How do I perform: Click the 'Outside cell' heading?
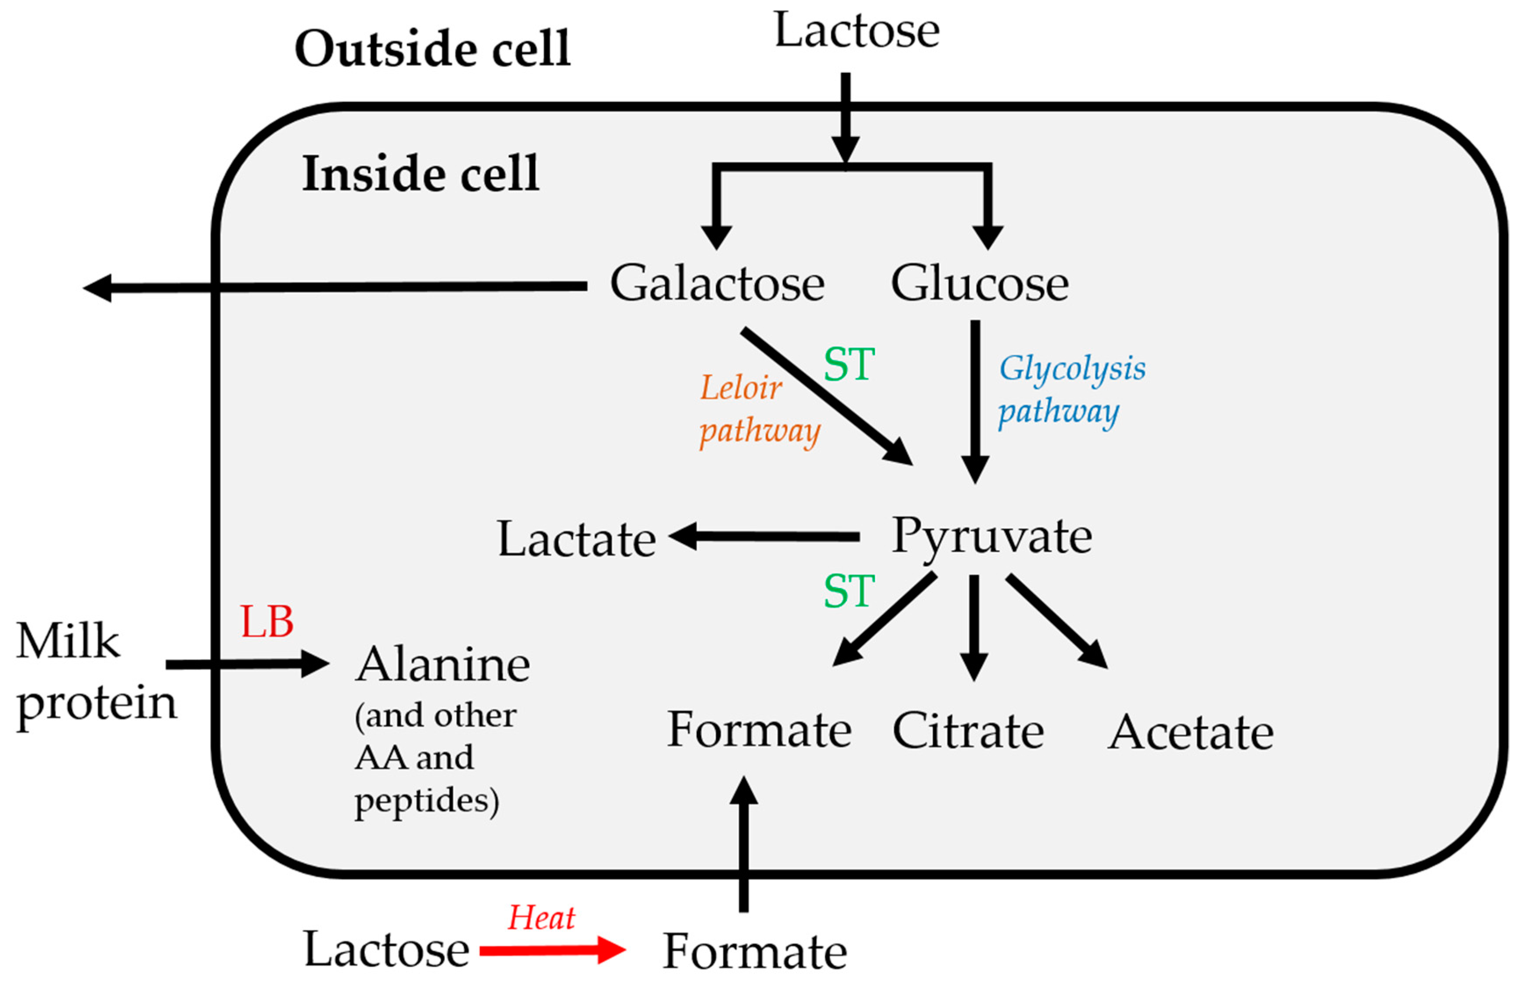(x=432, y=50)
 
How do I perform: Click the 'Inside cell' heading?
(x=420, y=174)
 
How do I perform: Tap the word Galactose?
(x=717, y=284)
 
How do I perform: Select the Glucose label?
(x=979, y=284)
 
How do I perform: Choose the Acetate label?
(x=1190, y=733)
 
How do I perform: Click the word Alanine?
(x=443, y=665)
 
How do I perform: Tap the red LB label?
(x=267, y=622)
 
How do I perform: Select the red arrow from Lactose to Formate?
(x=552, y=949)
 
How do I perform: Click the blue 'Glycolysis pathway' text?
(x=1070, y=389)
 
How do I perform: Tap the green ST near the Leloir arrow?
(x=848, y=364)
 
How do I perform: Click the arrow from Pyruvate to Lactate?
(x=763, y=536)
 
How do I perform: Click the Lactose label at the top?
(x=857, y=31)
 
